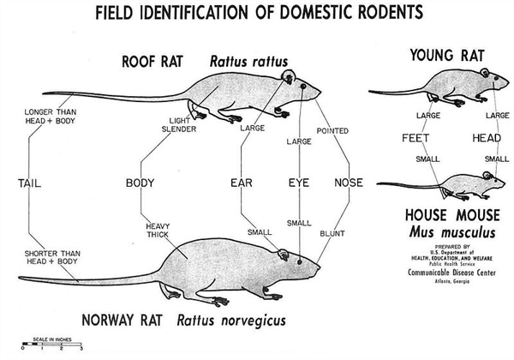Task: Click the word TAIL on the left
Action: click(x=29, y=183)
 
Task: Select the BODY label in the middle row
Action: click(x=140, y=183)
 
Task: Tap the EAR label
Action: click(x=242, y=183)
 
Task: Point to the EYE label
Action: click(x=298, y=183)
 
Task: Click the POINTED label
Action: click(x=332, y=131)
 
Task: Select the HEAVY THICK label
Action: click(x=158, y=229)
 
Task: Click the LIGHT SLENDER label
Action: click(x=179, y=125)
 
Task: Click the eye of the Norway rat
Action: click(x=298, y=256)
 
